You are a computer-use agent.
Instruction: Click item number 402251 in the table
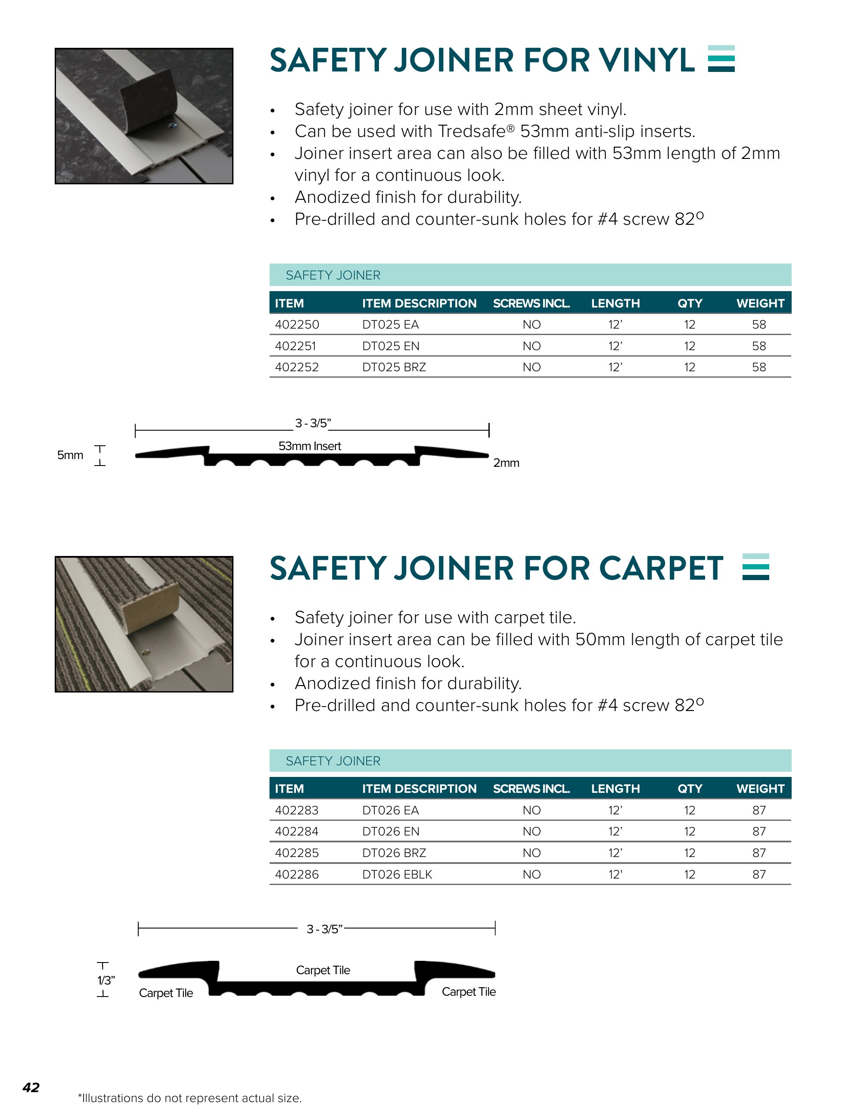click(x=295, y=346)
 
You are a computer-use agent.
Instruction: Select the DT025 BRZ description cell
click(x=394, y=367)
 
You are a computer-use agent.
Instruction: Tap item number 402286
click(x=296, y=874)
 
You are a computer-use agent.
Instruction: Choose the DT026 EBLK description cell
click(x=397, y=874)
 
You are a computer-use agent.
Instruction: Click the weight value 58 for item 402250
click(x=758, y=325)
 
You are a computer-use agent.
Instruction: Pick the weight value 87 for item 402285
click(x=758, y=853)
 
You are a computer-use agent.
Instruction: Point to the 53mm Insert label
click(x=309, y=446)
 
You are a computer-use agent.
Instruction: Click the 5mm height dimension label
click(x=70, y=455)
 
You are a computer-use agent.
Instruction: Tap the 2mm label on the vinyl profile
click(x=506, y=463)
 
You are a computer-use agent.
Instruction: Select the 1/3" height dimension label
click(x=106, y=980)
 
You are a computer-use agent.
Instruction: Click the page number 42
click(x=31, y=1087)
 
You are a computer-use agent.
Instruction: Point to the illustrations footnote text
click(x=190, y=1098)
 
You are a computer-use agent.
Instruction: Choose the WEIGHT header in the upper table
click(x=760, y=303)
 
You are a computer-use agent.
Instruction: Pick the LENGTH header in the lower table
click(x=615, y=789)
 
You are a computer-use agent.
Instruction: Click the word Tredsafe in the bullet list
click(x=472, y=131)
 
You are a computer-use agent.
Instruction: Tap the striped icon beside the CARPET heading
click(x=755, y=567)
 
